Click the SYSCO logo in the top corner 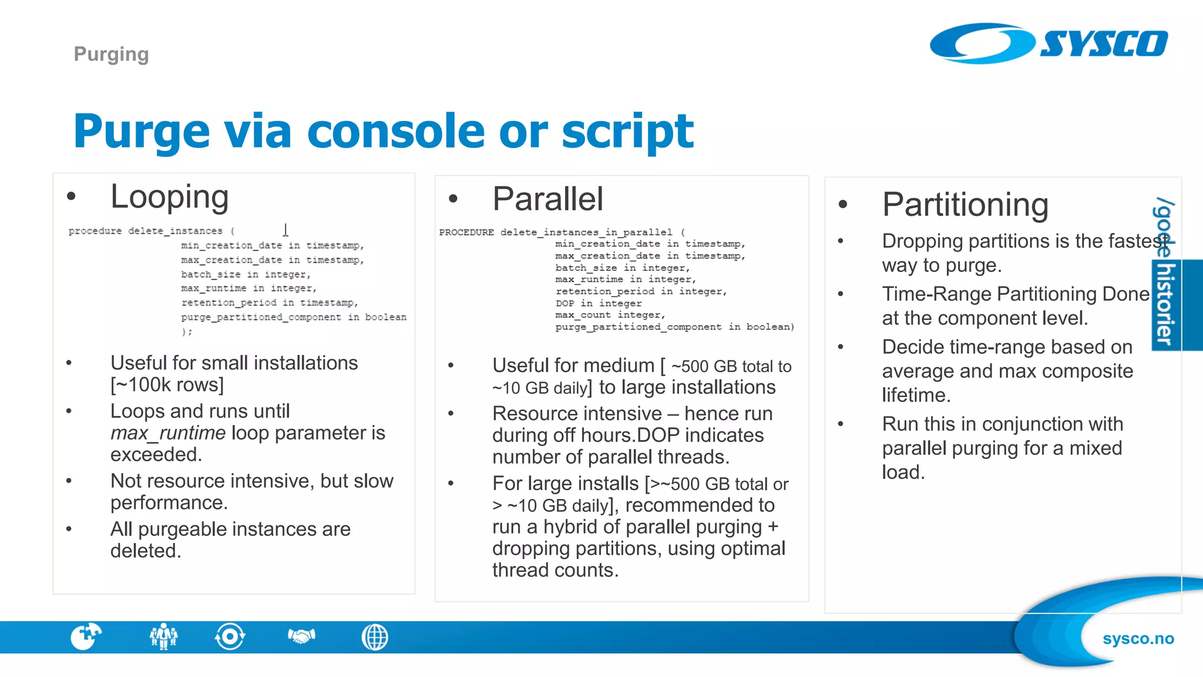click(x=1049, y=43)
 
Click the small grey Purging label click(x=111, y=54)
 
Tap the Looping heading click(x=169, y=197)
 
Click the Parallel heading click(x=547, y=199)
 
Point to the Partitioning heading click(x=965, y=205)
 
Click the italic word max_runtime click(x=168, y=433)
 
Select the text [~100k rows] click(x=167, y=385)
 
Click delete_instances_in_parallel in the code click(x=586, y=232)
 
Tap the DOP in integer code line click(x=598, y=303)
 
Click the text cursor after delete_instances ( click(x=285, y=230)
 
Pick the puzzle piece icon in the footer click(x=86, y=636)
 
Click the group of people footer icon click(x=163, y=636)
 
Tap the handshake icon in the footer click(x=301, y=636)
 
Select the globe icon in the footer click(x=375, y=637)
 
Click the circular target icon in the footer click(x=230, y=636)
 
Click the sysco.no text click(x=1138, y=639)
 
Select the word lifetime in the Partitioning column click(x=915, y=396)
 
